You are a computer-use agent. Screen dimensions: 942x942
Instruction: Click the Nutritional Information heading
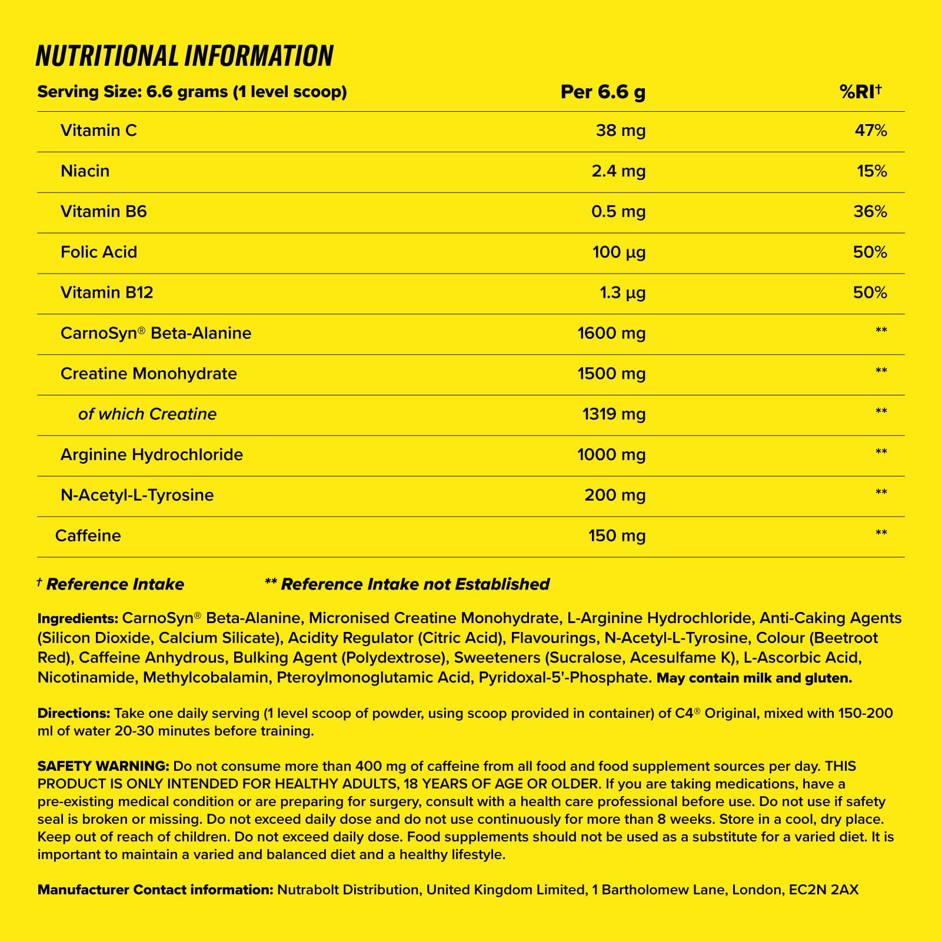coord(184,56)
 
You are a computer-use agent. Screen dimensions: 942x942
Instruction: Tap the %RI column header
coord(861,92)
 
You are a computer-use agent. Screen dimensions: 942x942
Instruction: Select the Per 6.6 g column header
coord(603,92)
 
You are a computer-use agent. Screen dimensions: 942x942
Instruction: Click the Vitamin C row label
coord(99,131)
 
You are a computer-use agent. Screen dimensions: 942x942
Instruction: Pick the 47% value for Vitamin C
coord(870,131)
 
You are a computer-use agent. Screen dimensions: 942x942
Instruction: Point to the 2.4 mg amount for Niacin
coord(618,171)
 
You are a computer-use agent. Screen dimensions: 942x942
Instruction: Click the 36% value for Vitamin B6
coord(870,212)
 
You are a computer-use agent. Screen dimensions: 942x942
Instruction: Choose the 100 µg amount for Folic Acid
coord(618,252)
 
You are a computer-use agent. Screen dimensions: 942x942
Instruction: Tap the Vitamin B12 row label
coord(107,293)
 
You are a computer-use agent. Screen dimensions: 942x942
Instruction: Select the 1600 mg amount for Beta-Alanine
coord(611,334)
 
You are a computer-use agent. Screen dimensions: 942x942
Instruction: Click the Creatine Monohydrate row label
coord(149,374)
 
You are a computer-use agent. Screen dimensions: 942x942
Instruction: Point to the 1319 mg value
coord(614,415)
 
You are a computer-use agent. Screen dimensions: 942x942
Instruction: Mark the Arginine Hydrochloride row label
coord(152,455)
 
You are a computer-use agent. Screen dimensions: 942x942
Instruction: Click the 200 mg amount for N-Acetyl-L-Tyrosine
coord(615,495)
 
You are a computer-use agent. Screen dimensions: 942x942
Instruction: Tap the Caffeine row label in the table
coord(88,536)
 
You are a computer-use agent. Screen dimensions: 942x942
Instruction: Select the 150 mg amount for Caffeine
coord(617,536)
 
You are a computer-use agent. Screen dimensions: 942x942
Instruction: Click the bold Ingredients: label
coord(78,619)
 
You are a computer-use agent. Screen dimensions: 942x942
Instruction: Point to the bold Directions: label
coord(74,714)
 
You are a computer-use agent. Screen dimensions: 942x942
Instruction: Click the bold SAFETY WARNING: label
coord(104,767)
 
